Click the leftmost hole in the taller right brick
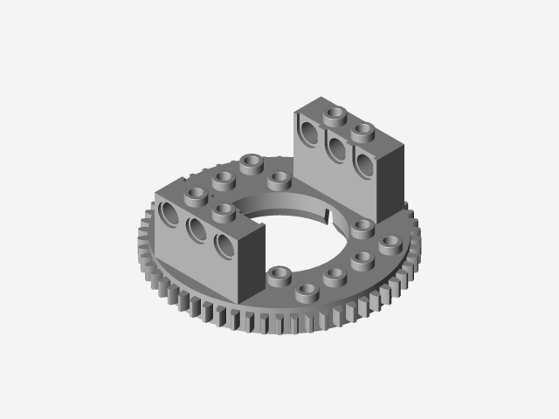click(x=309, y=132)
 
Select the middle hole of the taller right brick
click(x=336, y=147)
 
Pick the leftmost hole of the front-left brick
click(x=169, y=214)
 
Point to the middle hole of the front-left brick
click(x=197, y=230)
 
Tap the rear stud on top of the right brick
click(x=333, y=113)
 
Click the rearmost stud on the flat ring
click(x=252, y=162)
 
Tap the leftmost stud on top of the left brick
click(x=197, y=194)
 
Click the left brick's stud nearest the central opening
click(x=224, y=209)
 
